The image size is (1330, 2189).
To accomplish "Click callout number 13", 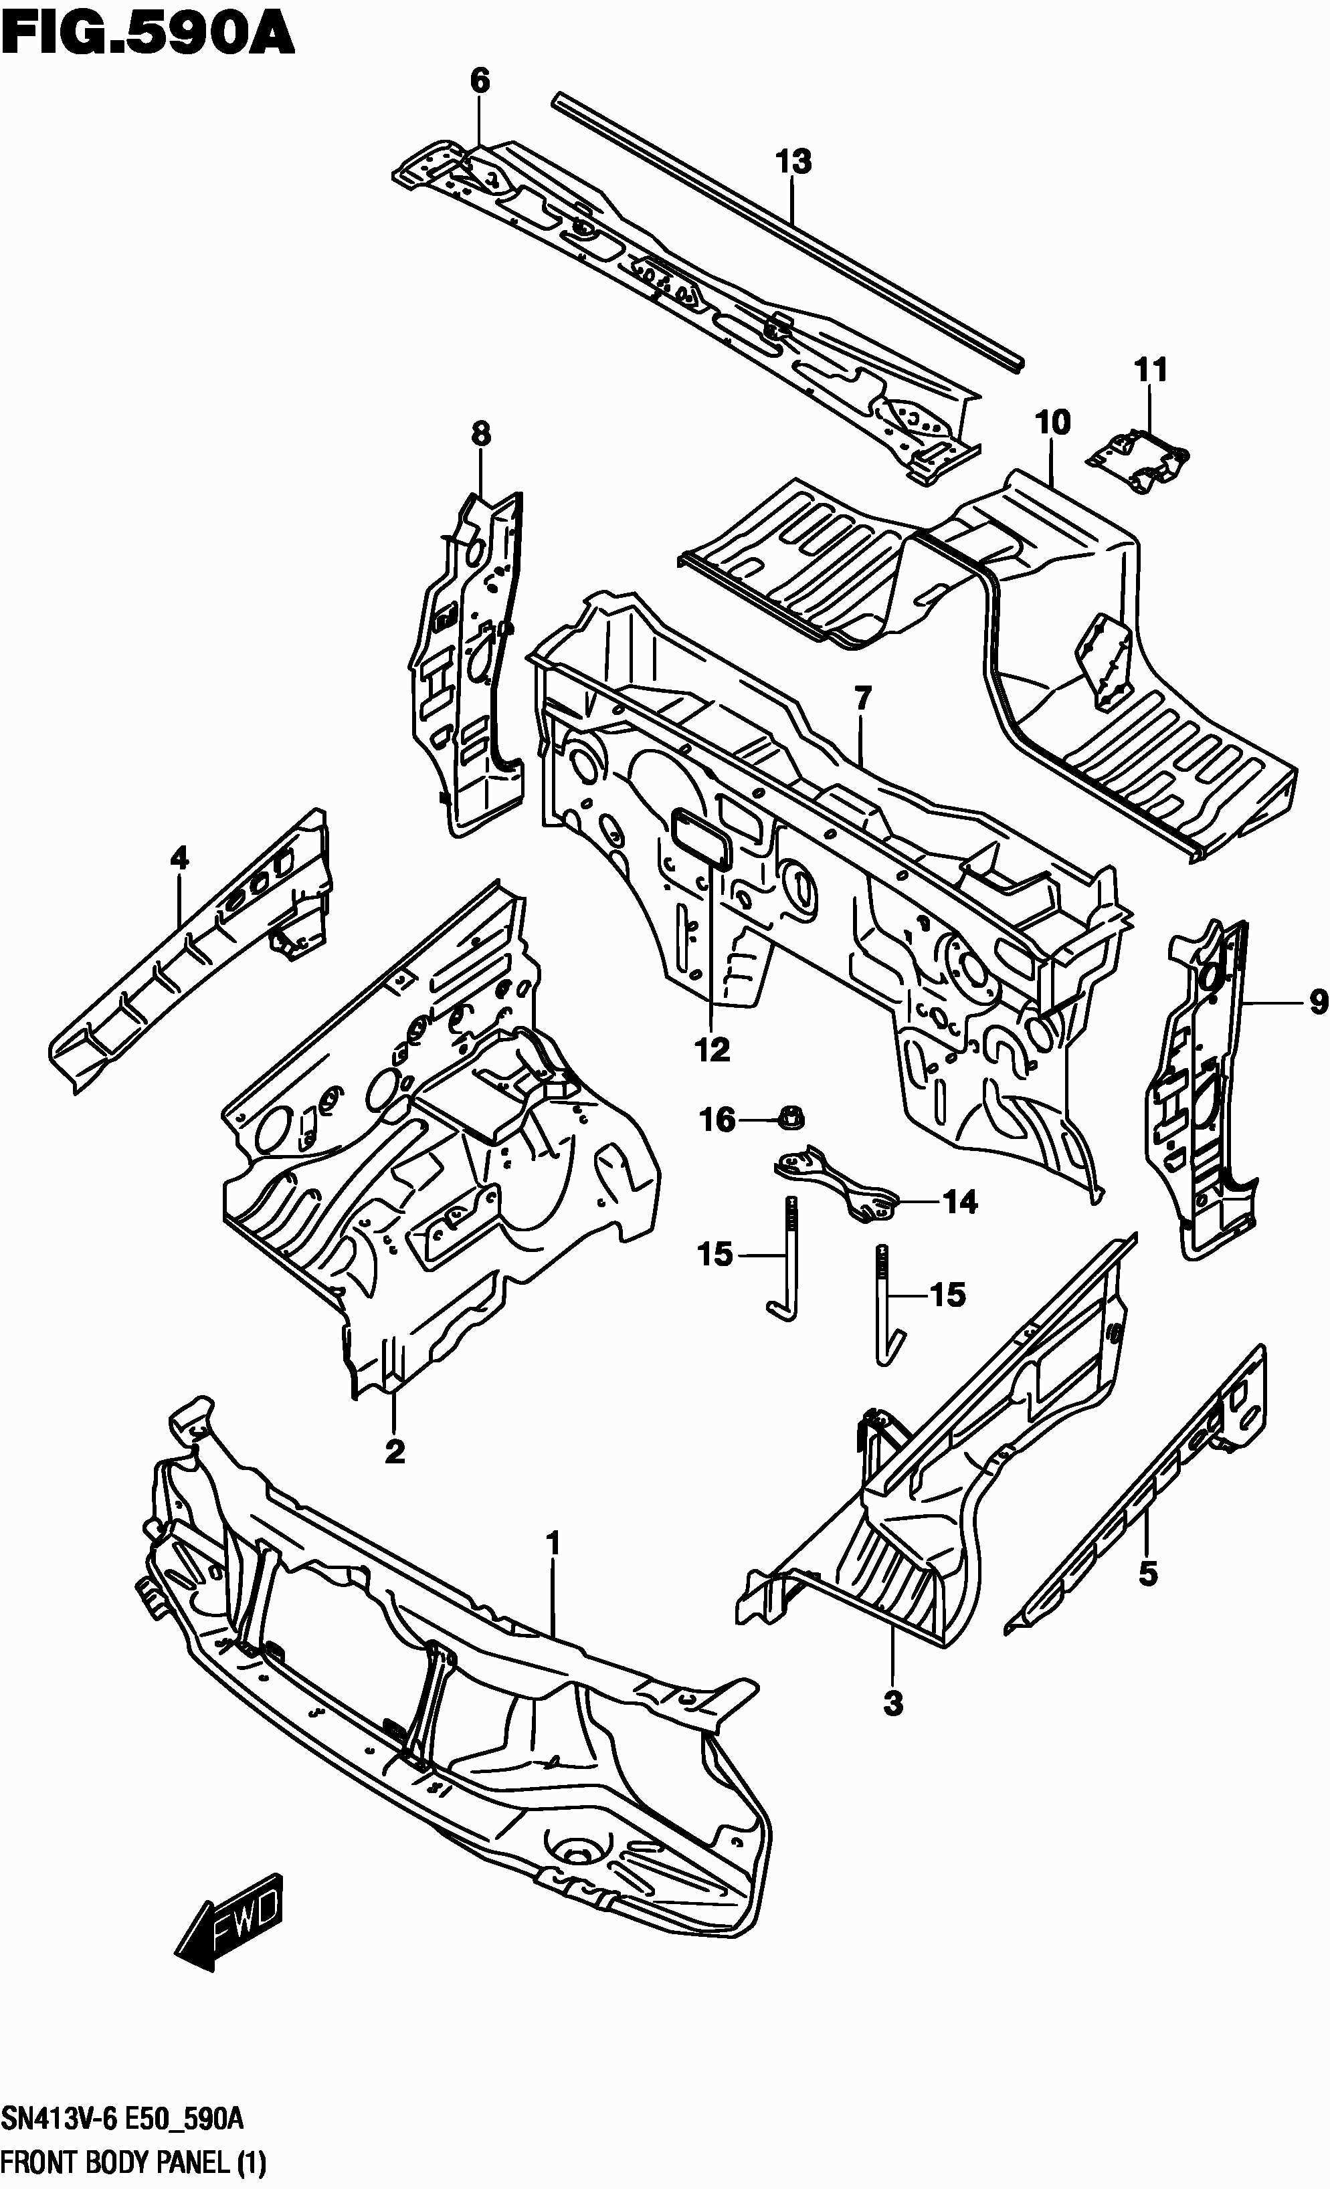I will (x=793, y=163).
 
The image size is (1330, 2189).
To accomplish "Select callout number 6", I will (x=479, y=81).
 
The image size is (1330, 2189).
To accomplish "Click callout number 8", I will (x=480, y=435).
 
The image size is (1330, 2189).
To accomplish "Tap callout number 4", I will (x=179, y=858).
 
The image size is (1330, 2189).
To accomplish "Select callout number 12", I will (x=712, y=1050).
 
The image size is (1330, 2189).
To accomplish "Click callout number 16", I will (x=718, y=1120).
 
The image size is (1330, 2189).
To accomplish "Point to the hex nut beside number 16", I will (x=791, y=1117).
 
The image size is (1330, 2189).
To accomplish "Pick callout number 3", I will (x=893, y=1704).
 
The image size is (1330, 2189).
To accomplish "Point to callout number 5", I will (x=1148, y=1575).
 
